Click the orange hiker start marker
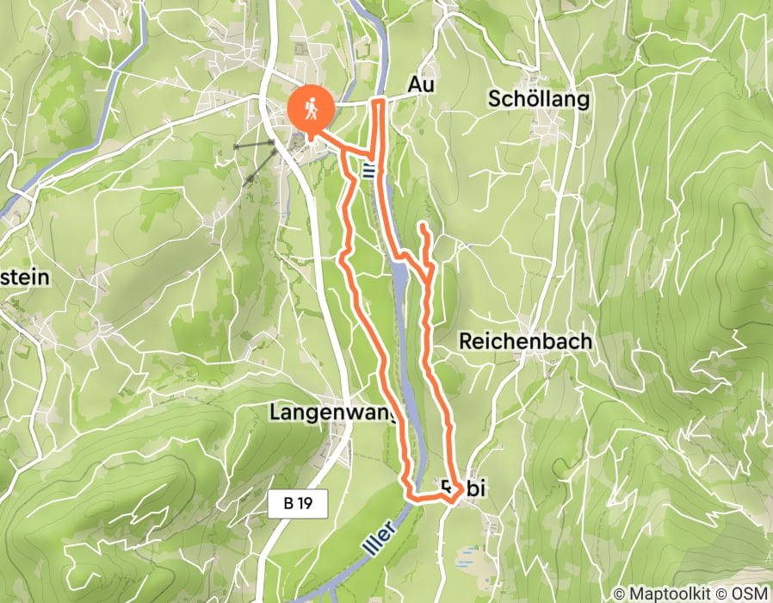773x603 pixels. click(307, 109)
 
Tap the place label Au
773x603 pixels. click(422, 85)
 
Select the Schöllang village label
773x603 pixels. click(538, 99)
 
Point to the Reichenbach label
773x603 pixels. click(525, 341)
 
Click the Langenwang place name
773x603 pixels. click(332, 413)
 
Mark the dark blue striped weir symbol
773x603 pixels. click(369, 169)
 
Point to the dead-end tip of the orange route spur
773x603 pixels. click(423, 226)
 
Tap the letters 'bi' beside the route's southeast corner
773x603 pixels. click(477, 488)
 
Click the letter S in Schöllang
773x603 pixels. click(494, 99)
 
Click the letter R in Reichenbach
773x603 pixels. click(466, 341)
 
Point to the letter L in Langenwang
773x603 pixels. click(275, 413)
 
